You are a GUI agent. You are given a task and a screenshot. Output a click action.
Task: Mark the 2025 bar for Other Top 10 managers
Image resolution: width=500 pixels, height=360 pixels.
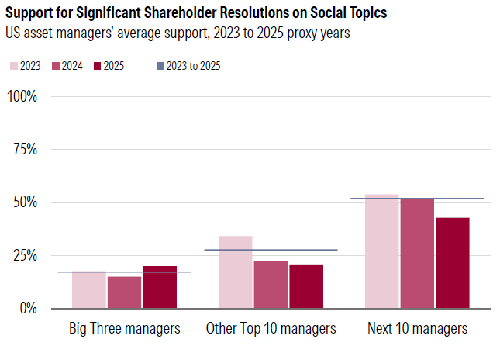coord(306,286)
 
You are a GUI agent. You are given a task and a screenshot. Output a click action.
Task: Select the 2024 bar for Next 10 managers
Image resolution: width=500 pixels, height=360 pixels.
coord(417,253)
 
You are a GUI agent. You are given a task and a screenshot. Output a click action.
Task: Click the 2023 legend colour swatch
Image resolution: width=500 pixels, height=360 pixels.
coord(15,66)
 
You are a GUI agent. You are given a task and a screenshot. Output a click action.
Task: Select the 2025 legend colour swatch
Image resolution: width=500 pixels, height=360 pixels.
coord(97,66)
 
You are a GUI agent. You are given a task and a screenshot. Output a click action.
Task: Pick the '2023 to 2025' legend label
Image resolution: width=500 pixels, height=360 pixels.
coord(194,66)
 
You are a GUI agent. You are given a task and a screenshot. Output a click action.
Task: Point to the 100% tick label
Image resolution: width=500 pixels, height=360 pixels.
coord(22,96)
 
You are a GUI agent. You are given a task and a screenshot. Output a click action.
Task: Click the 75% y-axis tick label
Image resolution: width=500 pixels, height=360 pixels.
coord(26,149)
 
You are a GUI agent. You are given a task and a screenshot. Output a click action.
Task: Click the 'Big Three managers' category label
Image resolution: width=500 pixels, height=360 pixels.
coord(125,328)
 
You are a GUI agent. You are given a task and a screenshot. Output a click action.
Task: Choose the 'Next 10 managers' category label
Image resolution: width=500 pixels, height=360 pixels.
coord(417,328)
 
